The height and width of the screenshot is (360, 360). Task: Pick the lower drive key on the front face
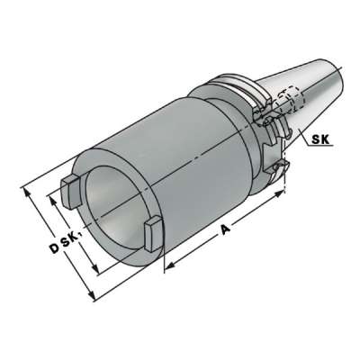[x=152, y=231]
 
